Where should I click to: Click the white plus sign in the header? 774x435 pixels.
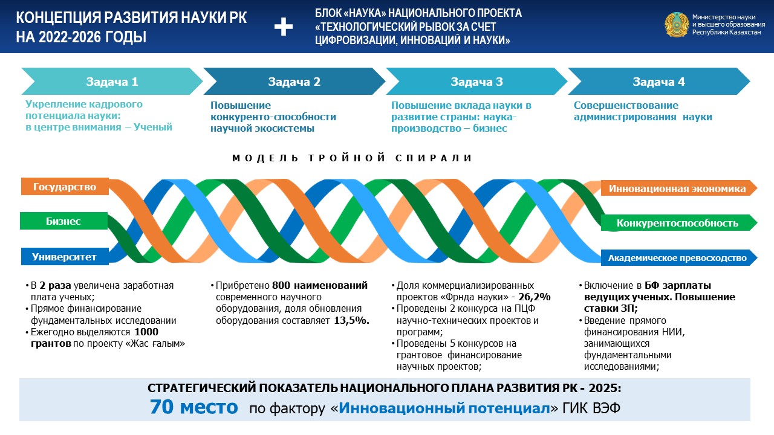coord(284,27)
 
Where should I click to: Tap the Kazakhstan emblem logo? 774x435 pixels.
coord(677,25)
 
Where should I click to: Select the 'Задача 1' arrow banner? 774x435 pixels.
coord(112,82)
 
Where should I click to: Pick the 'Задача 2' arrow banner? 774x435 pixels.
coord(294,82)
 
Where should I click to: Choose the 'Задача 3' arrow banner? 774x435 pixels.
coord(476,82)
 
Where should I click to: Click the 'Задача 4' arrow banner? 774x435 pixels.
coord(659,82)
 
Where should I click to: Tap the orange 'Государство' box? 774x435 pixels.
coord(65,187)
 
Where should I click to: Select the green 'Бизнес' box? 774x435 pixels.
coord(64,221)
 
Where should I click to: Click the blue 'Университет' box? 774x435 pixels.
coord(65,257)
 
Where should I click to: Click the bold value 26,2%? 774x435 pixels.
coord(534,297)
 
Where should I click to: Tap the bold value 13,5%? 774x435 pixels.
coord(351,320)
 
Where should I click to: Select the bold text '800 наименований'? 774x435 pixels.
coord(320,286)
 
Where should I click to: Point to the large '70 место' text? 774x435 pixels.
coord(194,407)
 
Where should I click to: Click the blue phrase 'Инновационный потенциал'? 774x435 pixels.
coord(444,408)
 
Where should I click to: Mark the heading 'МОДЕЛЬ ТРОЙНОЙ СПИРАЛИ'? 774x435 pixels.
coord(352,158)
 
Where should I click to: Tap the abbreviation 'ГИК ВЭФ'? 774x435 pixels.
coord(591,408)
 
